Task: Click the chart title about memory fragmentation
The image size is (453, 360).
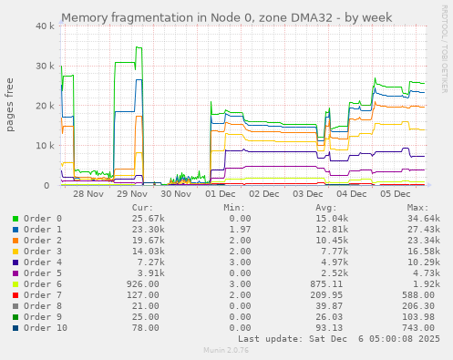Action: coord(226,17)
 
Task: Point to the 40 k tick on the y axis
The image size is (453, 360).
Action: coord(44,26)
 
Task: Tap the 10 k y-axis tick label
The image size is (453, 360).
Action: coord(44,145)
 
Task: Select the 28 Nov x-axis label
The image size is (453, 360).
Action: coord(88,193)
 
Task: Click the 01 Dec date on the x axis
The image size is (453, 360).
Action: coord(221,193)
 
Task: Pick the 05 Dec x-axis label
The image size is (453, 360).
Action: coord(396,193)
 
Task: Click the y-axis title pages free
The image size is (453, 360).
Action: coord(11,106)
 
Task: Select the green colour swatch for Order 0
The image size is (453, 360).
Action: coord(15,219)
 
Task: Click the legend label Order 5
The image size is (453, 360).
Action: coord(43,273)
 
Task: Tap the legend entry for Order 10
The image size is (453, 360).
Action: coord(46,328)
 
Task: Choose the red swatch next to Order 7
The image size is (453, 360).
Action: coord(15,295)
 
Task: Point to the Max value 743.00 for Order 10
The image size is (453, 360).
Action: coord(420,328)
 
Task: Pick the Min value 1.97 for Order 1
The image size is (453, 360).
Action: coord(239,230)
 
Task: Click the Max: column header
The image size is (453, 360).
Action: coord(418,207)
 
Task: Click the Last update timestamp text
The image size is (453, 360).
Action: coord(338,339)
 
